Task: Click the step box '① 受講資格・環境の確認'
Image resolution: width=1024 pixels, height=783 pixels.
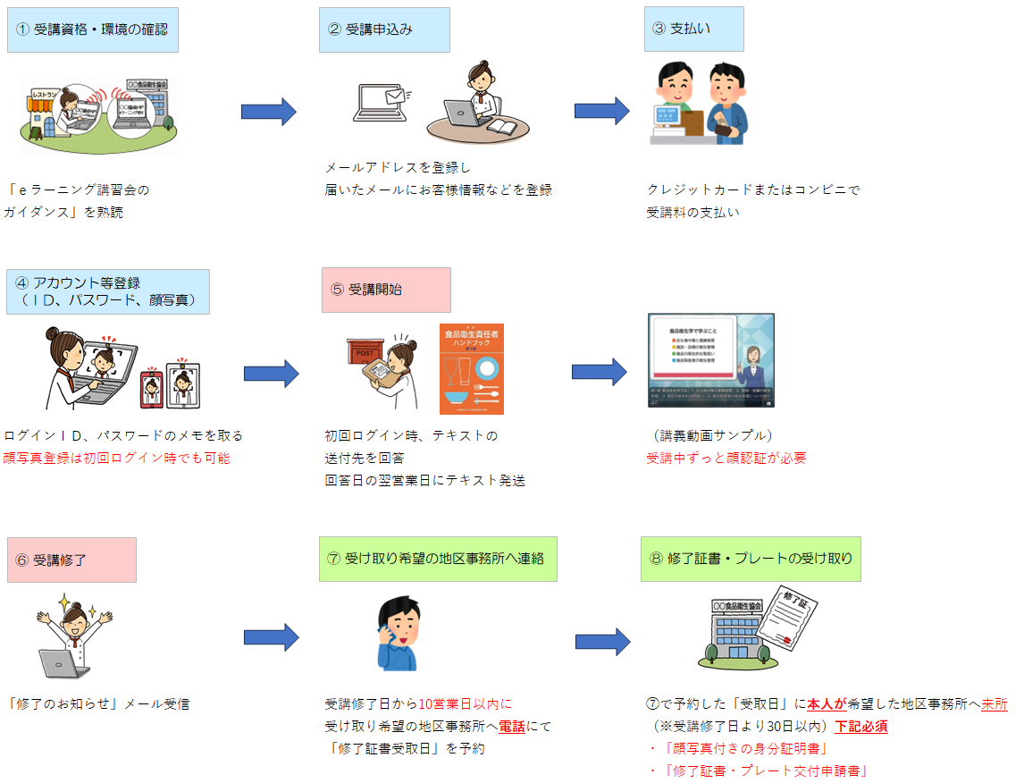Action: click(92, 29)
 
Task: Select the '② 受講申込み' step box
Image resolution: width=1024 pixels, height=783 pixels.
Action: click(384, 29)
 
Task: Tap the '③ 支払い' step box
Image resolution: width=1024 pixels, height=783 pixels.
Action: click(693, 29)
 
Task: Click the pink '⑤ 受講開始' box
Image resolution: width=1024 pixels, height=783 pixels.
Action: click(386, 290)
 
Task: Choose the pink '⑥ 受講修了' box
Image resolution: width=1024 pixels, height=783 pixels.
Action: click(71, 560)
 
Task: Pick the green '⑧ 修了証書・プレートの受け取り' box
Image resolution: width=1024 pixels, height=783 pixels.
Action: click(751, 559)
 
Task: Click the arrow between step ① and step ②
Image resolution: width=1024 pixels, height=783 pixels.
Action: click(268, 112)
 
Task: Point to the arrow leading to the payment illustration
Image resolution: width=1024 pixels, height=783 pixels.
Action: click(601, 111)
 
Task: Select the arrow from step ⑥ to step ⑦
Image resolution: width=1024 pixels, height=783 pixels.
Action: click(271, 637)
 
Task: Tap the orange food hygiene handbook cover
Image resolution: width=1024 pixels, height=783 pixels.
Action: click(472, 369)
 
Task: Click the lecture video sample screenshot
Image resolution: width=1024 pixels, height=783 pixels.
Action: click(710, 360)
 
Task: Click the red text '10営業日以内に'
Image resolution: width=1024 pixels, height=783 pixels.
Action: click(466, 703)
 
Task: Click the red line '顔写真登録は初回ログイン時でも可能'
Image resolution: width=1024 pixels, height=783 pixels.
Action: click(117, 458)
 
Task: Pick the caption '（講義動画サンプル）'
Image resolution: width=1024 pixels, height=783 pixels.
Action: click(712, 435)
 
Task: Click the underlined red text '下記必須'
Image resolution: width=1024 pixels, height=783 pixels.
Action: click(860, 727)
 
